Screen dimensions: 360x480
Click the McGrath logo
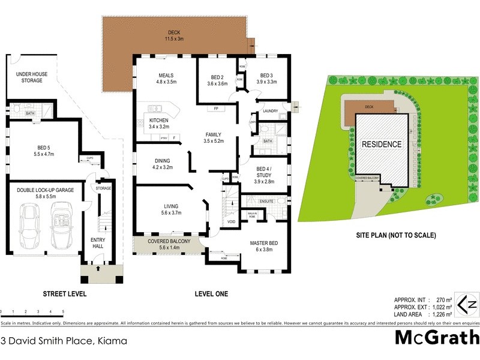(436, 337)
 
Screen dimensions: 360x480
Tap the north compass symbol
(467, 303)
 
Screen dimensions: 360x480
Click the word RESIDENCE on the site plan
(381, 145)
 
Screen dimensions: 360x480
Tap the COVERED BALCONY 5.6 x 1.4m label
(170, 244)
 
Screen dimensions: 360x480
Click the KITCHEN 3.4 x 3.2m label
(159, 124)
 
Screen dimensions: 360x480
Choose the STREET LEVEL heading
(64, 294)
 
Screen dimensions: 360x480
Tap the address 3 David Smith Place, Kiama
(57, 340)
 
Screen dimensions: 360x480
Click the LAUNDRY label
(269, 110)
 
